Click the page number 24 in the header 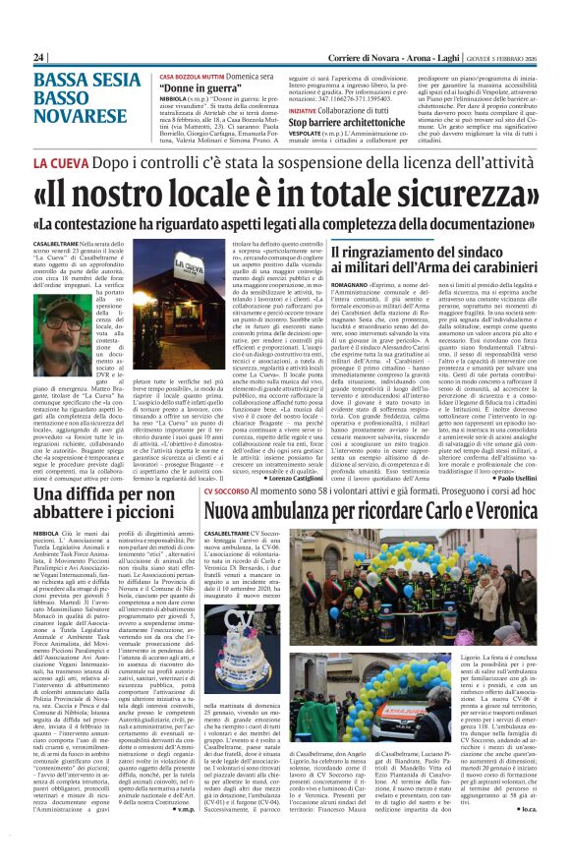(39, 58)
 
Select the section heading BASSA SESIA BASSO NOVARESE (82, 90)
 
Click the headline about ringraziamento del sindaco (434, 263)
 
